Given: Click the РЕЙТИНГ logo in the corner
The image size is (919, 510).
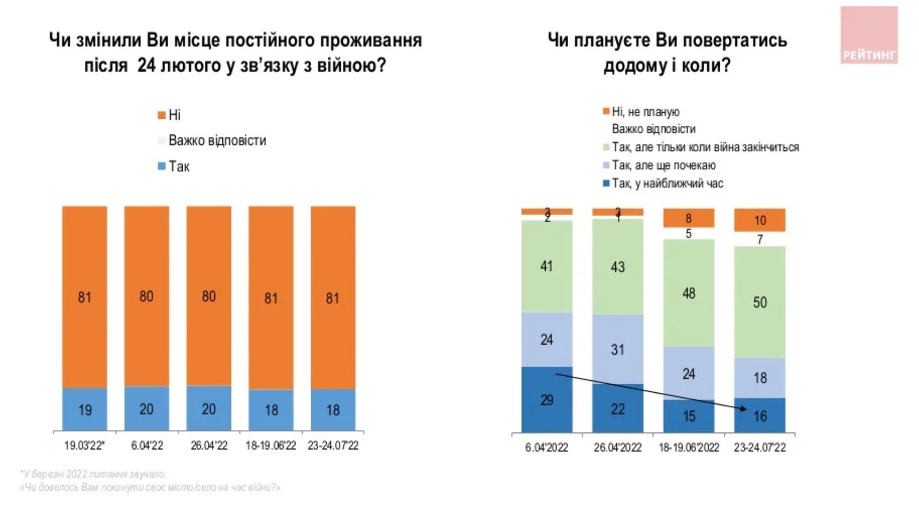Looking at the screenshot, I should point(868,36).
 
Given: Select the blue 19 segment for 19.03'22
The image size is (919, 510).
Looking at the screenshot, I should point(84,409).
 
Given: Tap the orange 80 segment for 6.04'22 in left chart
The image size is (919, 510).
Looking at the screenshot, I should point(146,296).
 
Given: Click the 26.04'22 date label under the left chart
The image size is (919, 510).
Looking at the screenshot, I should point(209,446).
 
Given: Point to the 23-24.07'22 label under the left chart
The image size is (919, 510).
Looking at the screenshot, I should point(333,446).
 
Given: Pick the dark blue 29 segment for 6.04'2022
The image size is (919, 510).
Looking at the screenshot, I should point(546,400).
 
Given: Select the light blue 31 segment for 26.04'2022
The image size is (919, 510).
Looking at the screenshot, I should point(617,349).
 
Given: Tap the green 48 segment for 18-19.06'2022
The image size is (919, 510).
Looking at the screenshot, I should point(689,293).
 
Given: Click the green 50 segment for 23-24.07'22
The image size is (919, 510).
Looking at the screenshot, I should point(759,302).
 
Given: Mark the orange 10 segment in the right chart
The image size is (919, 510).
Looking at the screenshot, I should point(759,220).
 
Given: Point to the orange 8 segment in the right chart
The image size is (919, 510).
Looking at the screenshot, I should point(689,218).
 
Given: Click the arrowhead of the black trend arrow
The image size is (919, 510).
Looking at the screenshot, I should point(744,408).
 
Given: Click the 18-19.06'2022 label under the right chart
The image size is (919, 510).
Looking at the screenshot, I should point(689,447).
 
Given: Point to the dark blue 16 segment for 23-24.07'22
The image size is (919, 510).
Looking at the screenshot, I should point(759,416).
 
